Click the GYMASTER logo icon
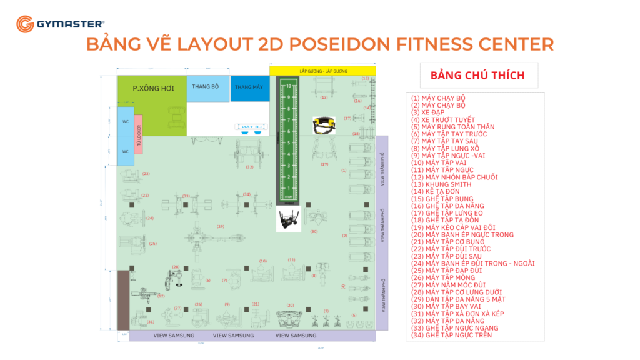pos(25,24)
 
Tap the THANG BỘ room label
pos(205,86)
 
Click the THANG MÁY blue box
pos(249,87)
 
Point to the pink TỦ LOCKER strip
pos(139,132)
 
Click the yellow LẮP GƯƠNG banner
pos(322,70)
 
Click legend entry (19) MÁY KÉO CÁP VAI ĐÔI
pos(452,227)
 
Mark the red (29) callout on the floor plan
pos(221,226)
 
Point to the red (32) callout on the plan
pos(249,167)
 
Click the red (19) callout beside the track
pos(324,164)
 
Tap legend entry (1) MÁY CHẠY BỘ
pos(438,98)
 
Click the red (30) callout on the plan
pos(314,231)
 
